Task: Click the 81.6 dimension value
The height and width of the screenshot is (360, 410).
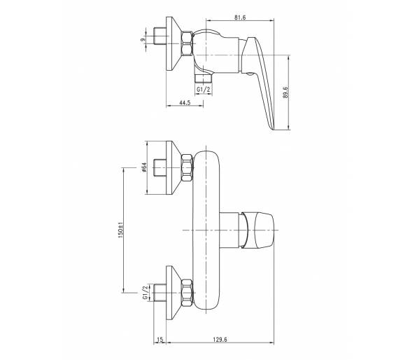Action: tap(240, 18)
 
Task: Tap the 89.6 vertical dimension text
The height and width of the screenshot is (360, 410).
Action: tap(285, 92)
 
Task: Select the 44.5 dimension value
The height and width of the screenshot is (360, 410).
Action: tap(185, 103)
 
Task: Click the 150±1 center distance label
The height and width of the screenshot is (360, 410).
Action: tap(120, 230)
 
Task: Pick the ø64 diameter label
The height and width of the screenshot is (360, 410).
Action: tap(144, 167)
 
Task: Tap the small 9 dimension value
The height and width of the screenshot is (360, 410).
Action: tap(143, 40)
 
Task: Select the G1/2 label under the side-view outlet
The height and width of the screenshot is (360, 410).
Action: tap(204, 90)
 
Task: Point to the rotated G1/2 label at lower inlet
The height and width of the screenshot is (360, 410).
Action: tap(146, 293)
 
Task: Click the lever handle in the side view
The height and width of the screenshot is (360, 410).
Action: tap(258, 81)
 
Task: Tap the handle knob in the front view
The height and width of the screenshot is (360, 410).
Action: tap(257, 230)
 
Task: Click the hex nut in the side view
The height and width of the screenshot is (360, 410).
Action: tap(188, 43)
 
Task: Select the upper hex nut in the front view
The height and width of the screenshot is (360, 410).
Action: tap(188, 168)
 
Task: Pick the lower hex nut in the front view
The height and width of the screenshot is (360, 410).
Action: tap(188, 293)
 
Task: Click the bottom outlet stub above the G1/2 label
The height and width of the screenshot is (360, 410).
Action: tap(204, 78)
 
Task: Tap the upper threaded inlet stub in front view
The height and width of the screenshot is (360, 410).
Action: tap(160, 167)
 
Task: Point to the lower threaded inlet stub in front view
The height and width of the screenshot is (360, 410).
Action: tap(160, 293)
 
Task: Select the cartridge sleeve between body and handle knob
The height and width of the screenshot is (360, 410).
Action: tap(230, 230)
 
